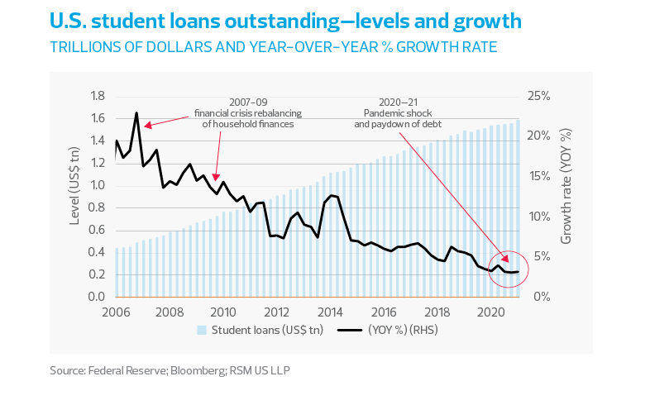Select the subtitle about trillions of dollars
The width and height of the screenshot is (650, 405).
(x=273, y=47)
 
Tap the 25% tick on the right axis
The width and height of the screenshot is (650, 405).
(x=539, y=96)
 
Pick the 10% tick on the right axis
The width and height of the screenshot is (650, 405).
(x=539, y=217)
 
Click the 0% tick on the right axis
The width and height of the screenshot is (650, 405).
(x=536, y=297)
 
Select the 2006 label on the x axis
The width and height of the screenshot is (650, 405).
(x=116, y=312)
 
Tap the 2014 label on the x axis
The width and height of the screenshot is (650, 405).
(x=331, y=312)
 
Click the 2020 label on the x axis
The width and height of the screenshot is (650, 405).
(x=491, y=312)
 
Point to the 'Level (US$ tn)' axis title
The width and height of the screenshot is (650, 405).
(x=72, y=197)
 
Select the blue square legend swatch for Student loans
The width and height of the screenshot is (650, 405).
(x=202, y=330)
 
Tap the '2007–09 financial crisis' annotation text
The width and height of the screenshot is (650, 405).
(x=248, y=112)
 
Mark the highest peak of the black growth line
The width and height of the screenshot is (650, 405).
(x=136, y=113)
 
